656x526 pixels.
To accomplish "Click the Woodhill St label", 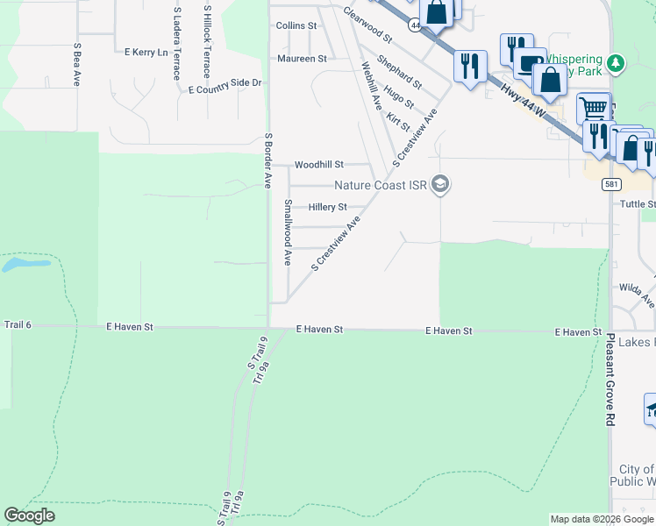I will pyautogui.click(x=319, y=165).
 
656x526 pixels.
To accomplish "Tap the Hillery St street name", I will pyautogui.click(x=328, y=208).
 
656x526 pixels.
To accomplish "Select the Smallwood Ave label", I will pyautogui.click(x=287, y=232).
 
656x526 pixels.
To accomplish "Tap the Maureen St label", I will pyautogui.click(x=302, y=59).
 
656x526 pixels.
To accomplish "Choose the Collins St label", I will pyautogui.click(x=296, y=26).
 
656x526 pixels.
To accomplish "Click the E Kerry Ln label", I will pyautogui.click(x=146, y=53).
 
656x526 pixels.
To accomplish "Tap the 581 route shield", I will pyautogui.click(x=611, y=185).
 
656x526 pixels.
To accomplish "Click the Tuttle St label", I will pyautogui.click(x=638, y=204).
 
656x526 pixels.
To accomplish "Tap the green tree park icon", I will pyautogui.click(x=617, y=62).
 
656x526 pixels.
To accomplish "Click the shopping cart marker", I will pyautogui.click(x=594, y=108).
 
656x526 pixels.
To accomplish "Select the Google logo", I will pyautogui.click(x=30, y=515).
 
